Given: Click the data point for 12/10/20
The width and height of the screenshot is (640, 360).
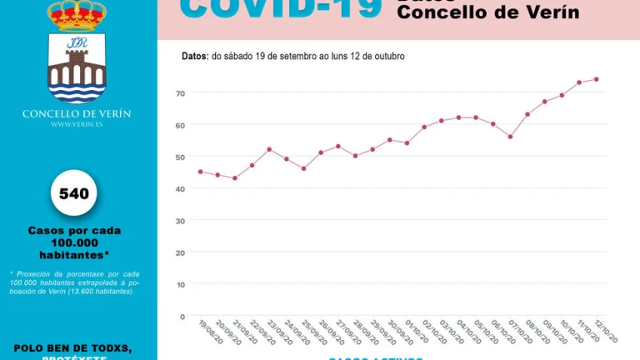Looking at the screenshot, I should tap(597, 79).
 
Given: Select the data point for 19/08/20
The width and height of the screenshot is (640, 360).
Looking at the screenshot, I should tap(200, 172).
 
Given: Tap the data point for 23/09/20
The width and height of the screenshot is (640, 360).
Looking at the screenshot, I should tap(269, 149).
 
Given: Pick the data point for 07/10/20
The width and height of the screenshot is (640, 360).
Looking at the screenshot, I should tap(510, 137).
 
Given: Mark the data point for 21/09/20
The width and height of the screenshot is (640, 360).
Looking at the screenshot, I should tap(235, 178).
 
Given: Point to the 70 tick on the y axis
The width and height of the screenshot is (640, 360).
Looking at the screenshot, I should tap(180, 92).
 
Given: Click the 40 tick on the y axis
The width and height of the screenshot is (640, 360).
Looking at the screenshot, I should tap(180, 188).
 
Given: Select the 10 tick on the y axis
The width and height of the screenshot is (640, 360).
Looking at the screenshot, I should tap(180, 284).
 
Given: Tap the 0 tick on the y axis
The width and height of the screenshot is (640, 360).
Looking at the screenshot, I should tap(182, 317).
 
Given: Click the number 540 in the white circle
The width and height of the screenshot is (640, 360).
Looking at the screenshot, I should tap(74, 194).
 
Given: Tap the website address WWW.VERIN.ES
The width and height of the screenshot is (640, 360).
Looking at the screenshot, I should tap(77, 125).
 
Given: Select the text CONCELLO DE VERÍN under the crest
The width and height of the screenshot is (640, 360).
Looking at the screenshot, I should tap(77, 114).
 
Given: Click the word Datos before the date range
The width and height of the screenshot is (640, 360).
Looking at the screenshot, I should tap(194, 56).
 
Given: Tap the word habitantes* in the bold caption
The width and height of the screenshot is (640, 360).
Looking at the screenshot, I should tap(74, 254).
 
